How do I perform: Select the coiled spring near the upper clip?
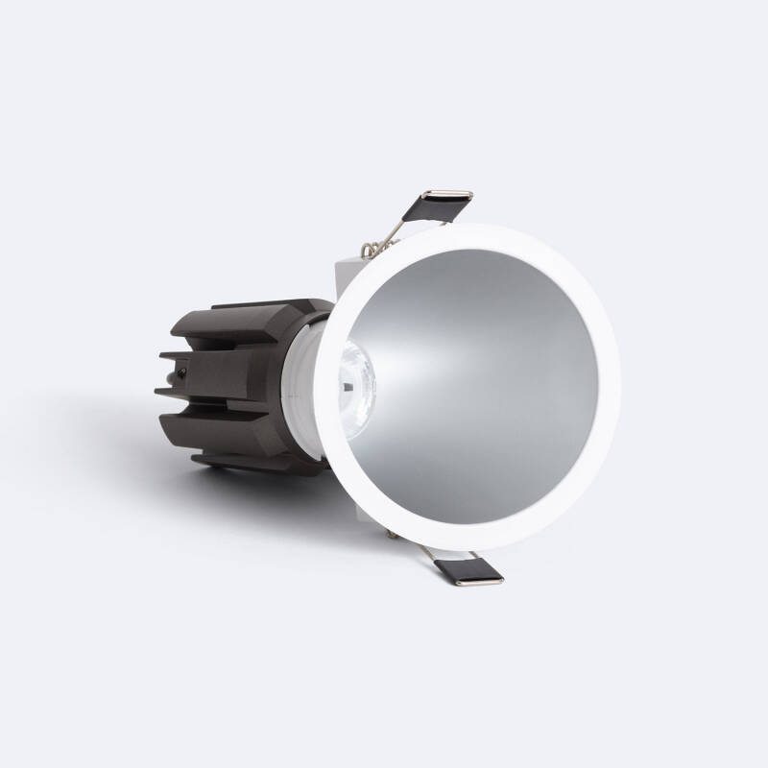pos(370,250)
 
